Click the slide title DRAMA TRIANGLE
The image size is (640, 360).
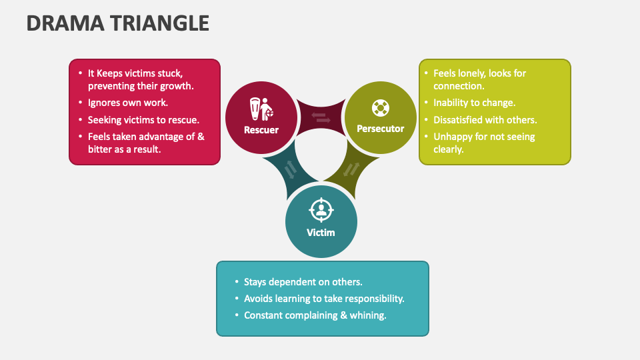(x=117, y=23)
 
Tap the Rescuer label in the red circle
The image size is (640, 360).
(x=261, y=130)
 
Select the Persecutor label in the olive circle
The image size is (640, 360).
(x=380, y=128)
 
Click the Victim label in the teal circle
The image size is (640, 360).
(x=321, y=233)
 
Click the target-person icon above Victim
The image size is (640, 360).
(x=321, y=210)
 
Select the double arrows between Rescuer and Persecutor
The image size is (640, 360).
(x=321, y=118)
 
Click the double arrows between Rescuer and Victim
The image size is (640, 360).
(x=290, y=171)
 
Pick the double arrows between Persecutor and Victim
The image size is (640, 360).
(x=351, y=169)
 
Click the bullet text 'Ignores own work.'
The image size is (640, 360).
(x=127, y=103)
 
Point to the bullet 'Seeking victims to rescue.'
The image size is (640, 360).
(x=143, y=120)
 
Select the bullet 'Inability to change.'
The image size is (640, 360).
(x=474, y=103)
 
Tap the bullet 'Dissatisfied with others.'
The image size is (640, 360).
(x=485, y=120)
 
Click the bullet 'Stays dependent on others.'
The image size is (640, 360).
(x=303, y=282)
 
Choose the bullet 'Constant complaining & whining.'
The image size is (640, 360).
(x=315, y=315)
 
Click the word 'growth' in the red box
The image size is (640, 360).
(x=178, y=86)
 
